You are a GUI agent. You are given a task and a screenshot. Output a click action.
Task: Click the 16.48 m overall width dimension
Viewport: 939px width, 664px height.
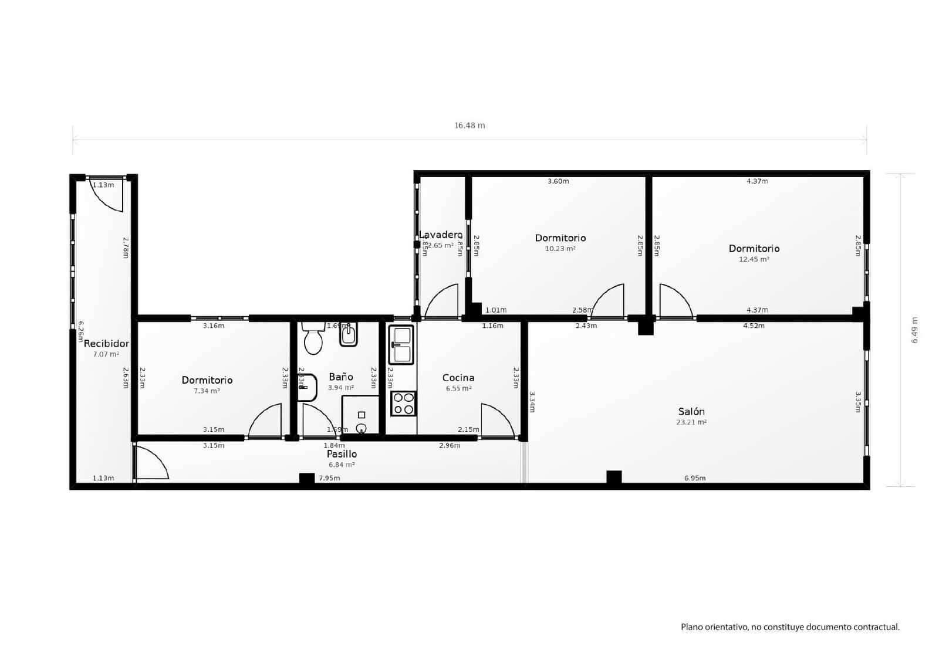(469, 126)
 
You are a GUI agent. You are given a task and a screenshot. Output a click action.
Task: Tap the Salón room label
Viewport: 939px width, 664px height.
(691, 411)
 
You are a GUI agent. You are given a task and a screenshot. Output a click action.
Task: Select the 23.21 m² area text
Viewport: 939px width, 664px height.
(691, 422)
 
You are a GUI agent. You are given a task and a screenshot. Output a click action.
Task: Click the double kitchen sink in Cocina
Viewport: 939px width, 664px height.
(401, 345)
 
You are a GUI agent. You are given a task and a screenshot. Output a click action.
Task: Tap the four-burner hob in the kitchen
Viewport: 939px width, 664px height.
(403, 404)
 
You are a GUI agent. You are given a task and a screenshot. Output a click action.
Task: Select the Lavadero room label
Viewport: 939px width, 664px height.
(440, 235)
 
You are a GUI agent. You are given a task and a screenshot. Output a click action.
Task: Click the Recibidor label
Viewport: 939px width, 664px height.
(106, 344)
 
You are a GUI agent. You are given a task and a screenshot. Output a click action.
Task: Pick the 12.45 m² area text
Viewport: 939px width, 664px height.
(754, 259)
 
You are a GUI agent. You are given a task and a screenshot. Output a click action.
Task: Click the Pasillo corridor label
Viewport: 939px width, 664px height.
(342, 454)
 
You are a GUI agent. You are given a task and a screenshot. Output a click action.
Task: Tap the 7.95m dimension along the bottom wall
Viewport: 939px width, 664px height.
(329, 478)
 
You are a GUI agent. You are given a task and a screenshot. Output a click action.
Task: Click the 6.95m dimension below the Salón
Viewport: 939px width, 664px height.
(695, 478)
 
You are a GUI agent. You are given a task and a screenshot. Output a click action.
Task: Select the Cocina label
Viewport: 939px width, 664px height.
(458, 378)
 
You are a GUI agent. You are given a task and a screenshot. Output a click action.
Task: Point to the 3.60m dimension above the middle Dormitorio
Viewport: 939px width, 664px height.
(558, 181)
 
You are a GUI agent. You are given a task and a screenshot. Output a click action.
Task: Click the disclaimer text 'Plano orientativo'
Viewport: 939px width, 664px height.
(789, 627)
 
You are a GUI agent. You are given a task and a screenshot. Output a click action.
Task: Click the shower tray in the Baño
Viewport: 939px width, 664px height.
(360, 415)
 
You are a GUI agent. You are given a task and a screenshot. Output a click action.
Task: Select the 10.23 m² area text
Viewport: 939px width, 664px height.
(560, 249)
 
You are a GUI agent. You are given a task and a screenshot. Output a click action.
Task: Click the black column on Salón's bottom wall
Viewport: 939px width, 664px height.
(614, 477)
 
